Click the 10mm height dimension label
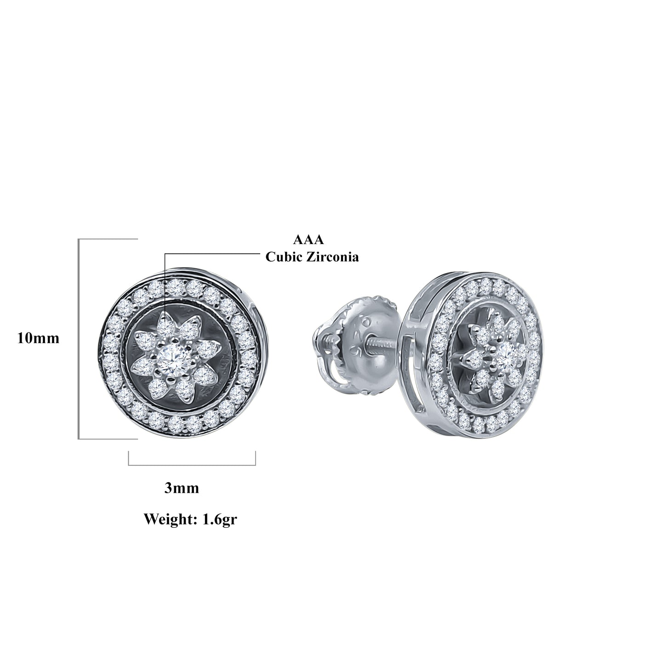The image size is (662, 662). pyautogui.click(x=38, y=338)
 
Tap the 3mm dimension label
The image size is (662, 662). pyautogui.click(x=182, y=488)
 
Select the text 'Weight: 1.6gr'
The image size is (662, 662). pyautogui.click(x=190, y=520)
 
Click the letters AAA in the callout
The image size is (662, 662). pyautogui.click(x=308, y=240)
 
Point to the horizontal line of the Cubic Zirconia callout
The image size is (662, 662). pyautogui.click(x=211, y=253)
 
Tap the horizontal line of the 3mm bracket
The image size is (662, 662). pyautogui.click(x=192, y=465)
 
